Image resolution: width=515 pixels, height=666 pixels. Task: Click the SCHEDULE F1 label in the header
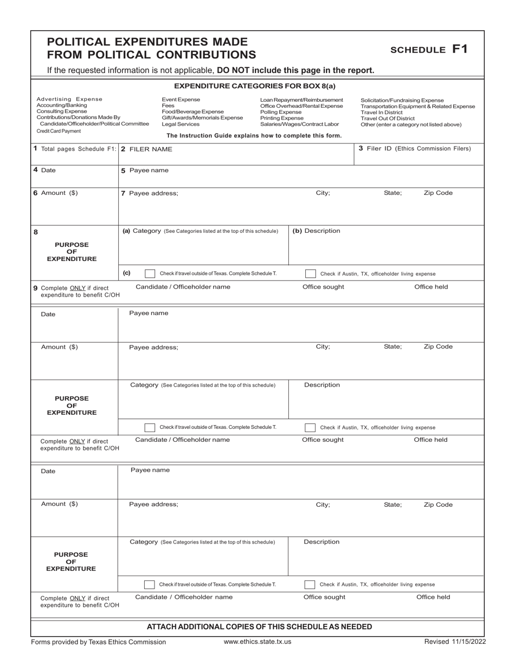click(x=428, y=49)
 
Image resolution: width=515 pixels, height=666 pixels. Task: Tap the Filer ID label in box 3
click(x=415, y=148)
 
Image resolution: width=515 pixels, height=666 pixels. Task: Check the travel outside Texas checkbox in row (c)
click(x=150, y=273)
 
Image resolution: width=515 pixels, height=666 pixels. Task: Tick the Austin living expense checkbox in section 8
click(x=310, y=274)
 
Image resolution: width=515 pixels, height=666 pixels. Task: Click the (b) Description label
click(x=317, y=231)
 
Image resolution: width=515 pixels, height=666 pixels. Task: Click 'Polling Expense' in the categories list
click(x=281, y=112)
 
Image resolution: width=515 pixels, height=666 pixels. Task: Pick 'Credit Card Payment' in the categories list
click(x=59, y=131)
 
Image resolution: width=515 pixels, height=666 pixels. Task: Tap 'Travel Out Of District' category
click(x=387, y=119)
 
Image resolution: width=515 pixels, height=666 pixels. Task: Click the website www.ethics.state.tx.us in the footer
click(x=257, y=642)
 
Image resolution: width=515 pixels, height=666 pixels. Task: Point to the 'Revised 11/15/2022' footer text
click(x=455, y=642)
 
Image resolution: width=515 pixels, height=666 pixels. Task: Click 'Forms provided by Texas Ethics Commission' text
click(x=99, y=642)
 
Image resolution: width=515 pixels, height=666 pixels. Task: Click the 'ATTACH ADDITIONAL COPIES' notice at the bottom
click(x=260, y=627)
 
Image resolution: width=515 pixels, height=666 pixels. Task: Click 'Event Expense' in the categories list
click(x=181, y=100)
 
